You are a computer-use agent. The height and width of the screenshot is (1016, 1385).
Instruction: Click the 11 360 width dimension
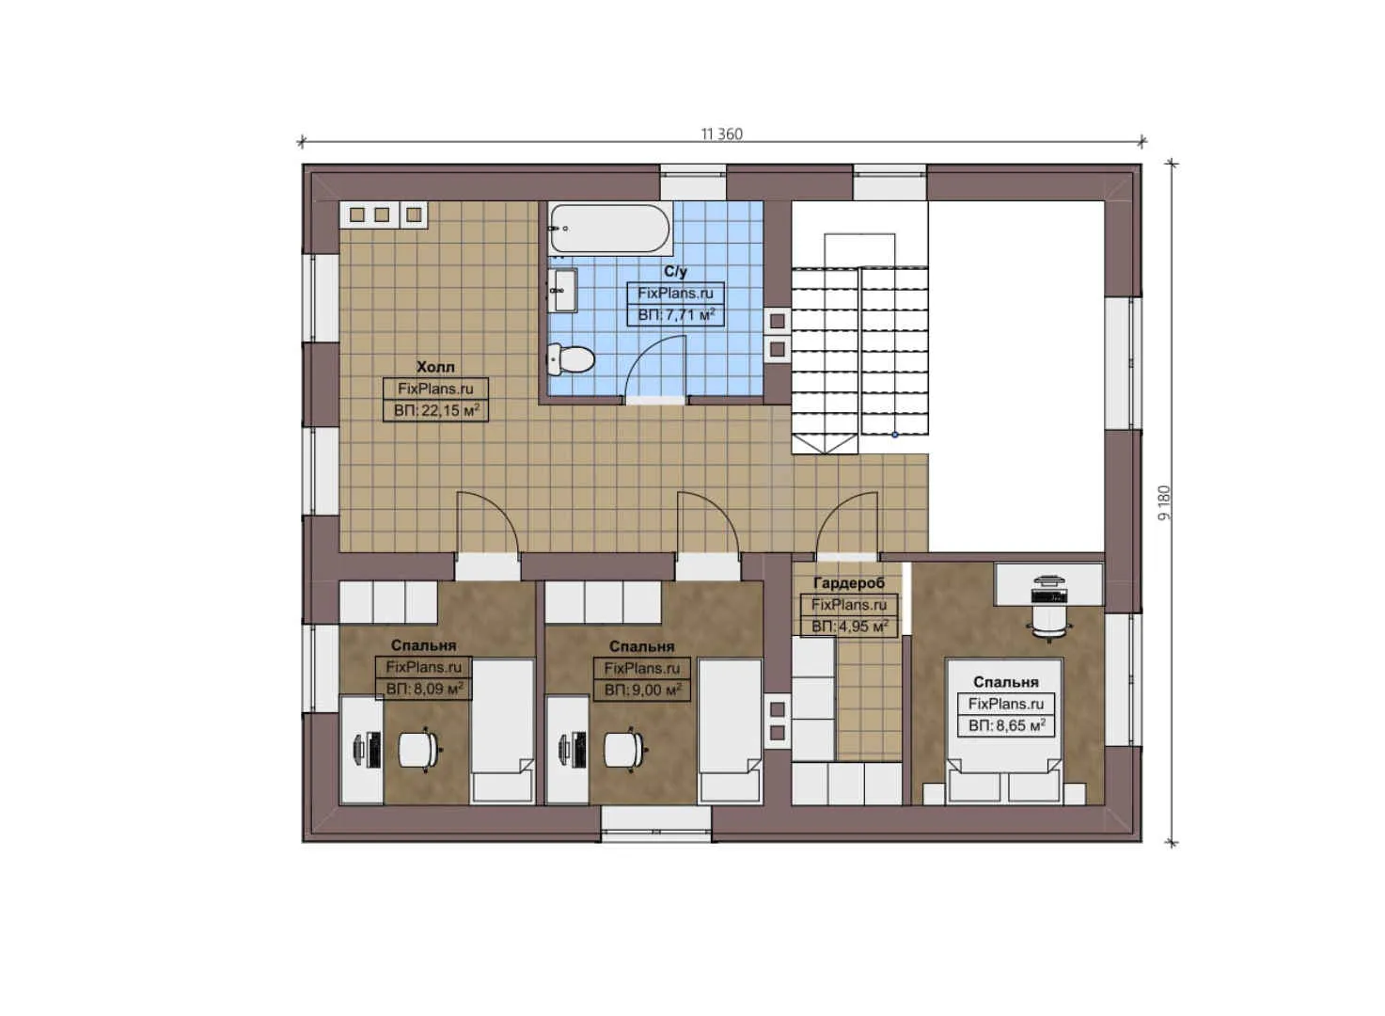pyautogui.click(x=721, y=135)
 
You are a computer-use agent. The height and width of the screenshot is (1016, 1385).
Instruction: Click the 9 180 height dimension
pyautogui.click(x=1164, y=502)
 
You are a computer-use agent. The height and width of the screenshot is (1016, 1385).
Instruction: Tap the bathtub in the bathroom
pyautogui.click(x=609, y=229)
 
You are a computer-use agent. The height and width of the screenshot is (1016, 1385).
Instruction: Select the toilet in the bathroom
pyautogui.click(x=572, y=358)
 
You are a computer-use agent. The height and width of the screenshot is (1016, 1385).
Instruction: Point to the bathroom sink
pyautogui.click(x=564, y=290)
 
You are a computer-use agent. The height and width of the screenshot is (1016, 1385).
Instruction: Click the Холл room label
pyautogui.click(x=435, y=367)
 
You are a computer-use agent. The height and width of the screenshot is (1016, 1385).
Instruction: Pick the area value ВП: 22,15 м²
pyautogui.click(x=436, y=410)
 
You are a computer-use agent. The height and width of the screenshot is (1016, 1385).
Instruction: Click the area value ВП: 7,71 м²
pyautogui.click(x=675, y=314)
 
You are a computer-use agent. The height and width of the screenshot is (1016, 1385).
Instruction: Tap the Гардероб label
pyautogui.click(x=848, y=583)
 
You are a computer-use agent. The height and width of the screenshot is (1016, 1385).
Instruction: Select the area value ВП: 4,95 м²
pyautogui.click(x=849, y=627)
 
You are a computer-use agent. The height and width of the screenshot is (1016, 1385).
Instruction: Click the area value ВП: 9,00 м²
pyautogui.click(x=642, y=690)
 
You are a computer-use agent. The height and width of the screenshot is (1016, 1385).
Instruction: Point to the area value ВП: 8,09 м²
pyautogui.click(x=424, y=689)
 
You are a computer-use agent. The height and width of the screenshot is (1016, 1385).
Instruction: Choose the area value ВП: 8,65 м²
pyautogui.click(x=1006, y=725)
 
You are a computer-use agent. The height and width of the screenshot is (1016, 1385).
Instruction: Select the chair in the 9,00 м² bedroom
pyautogui.click(x=624, y=750)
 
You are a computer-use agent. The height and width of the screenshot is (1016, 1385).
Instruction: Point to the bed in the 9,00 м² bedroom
pyautogui.click(x=730, y=729)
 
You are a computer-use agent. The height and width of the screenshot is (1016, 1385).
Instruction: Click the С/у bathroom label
pyautogui.click(x=675, y=272)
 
